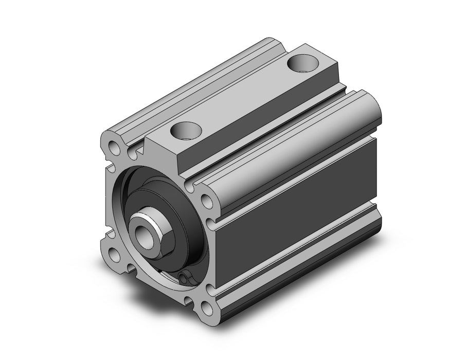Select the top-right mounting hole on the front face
click(206, 201)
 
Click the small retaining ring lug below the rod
click(185, 278)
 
